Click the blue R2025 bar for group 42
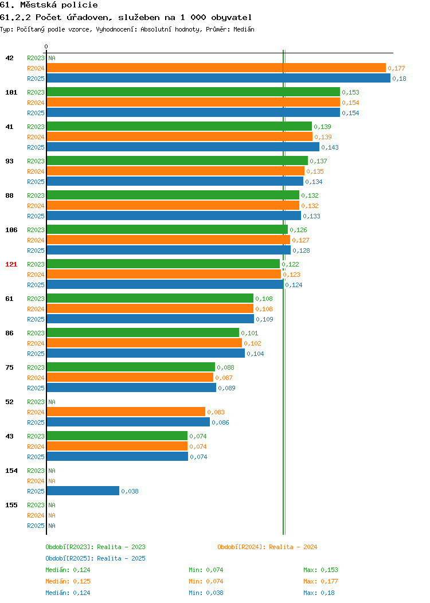click(218, 78)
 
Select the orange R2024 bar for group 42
click(216, 68)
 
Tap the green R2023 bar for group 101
click(193, 92)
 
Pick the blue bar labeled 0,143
click(183, 147)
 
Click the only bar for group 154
click(83, 491)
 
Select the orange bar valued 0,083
click(126, 412)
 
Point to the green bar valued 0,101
click(143, 332)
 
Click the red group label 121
click(11, 264)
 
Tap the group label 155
click(11, 505)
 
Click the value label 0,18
click(399, 79)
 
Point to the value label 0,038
click(130, 491)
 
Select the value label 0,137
click(318, 161)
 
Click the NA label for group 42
click(52, 58)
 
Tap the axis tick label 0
click(46, 46)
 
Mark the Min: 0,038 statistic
click(206, 593)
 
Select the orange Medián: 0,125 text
click(68, 581)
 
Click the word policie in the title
click(80, 5)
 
